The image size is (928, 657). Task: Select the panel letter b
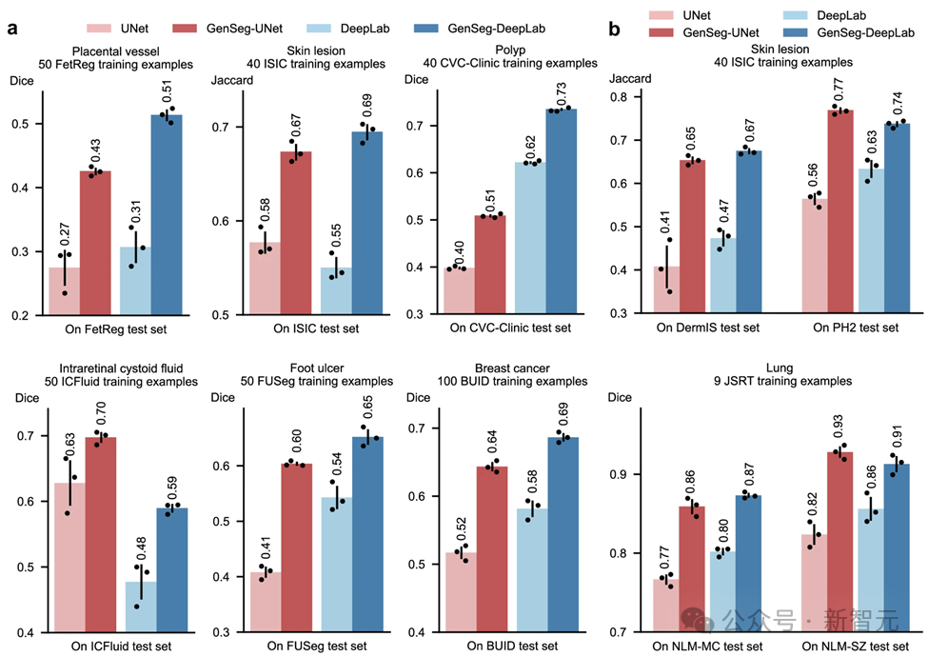tap(615, 30)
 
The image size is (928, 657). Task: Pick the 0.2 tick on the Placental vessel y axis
tap(24, 314)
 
